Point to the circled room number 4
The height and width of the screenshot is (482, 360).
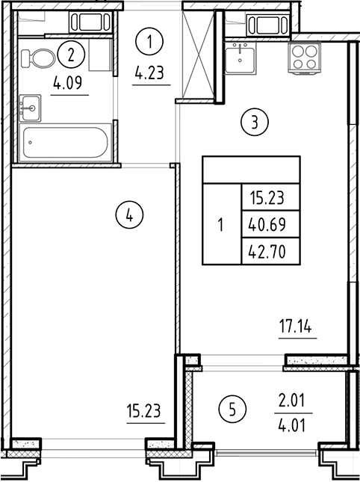(129, 216)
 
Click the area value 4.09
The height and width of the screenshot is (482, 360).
(70, 84)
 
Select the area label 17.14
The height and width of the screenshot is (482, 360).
(297, 327)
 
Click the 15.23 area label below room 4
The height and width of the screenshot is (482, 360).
(145, 410)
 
